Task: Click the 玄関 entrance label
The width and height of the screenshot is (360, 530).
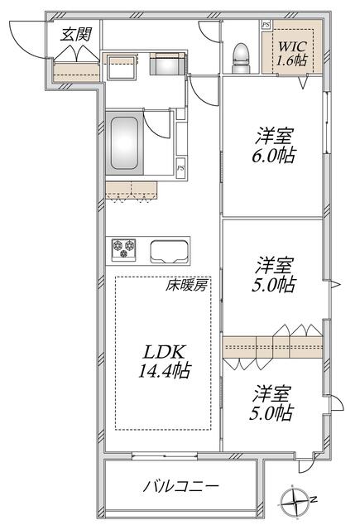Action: point(76,34)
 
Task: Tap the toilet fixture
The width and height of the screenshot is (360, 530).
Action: point(241,58)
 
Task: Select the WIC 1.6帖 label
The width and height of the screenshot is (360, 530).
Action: point(292,53)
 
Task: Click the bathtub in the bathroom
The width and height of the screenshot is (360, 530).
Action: point(125,143)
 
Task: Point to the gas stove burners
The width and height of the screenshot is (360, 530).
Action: point(124,249)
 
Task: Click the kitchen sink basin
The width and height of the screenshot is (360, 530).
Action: point(169,252)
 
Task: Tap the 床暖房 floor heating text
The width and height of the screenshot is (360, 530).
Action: point(185,286)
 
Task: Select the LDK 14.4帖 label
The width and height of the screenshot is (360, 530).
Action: point(165,361)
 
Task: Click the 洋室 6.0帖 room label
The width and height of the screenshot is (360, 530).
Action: point(274,146)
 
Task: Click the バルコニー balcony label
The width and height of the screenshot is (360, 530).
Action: point(180,487)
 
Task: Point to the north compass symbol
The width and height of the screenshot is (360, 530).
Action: point(296,500)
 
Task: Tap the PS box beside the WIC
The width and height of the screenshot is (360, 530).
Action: point(266,25)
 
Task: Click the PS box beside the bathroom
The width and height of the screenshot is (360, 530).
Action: point(181,166)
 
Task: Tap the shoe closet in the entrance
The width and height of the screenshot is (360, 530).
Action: point(77,71)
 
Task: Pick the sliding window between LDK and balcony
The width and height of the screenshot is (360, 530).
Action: point(165,456)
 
